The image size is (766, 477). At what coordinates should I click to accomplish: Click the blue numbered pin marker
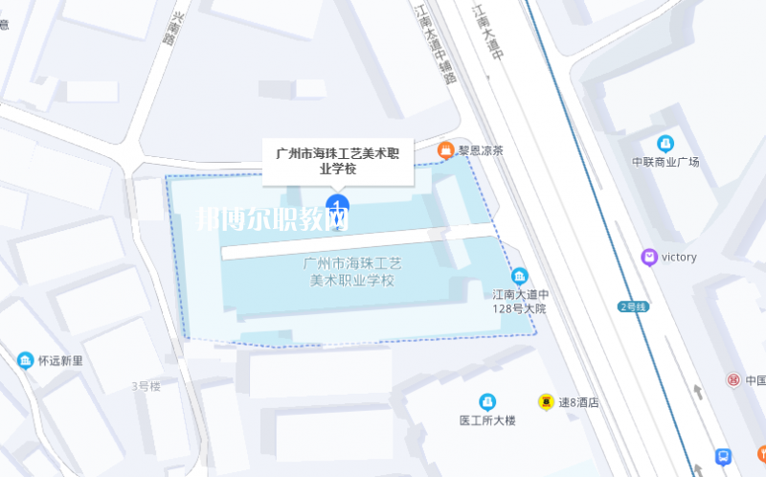(x=336, y=204)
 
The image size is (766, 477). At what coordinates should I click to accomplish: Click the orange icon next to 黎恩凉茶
(x=445, y=149)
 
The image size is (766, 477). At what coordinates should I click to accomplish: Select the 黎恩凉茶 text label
(x=480, y=150)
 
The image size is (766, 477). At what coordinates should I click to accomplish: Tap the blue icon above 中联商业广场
(x=665, y=143)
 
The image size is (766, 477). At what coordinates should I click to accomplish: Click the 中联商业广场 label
(x=665, y=161)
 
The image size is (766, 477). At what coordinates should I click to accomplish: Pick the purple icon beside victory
(x=649, y=257)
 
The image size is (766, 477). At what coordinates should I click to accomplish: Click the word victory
(x=679, y=257)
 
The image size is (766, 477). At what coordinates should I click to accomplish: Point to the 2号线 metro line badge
(x=633, y=307)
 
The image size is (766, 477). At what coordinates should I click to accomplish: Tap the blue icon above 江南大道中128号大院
(x=520, y=275)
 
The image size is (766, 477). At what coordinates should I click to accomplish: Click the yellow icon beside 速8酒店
(x=545, y=402)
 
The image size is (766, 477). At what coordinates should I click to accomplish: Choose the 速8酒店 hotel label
(x=578, y=403)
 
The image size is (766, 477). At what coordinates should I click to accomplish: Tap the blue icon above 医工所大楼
(x=487, y=400)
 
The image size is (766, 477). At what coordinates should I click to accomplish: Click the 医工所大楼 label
(x=487, y=420)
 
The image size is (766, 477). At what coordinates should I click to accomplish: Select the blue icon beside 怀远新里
(x=24, y=360)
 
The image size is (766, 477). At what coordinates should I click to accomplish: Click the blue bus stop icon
(x=724, y=457)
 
